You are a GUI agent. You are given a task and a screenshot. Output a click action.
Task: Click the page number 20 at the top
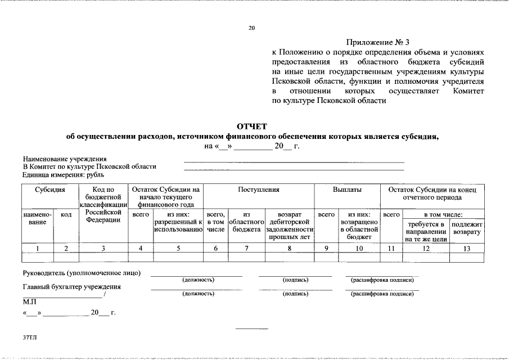(251, 28)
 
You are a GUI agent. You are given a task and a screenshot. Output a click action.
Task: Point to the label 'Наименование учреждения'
(65, 160)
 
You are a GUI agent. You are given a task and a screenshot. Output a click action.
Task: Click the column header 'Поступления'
(258, 190)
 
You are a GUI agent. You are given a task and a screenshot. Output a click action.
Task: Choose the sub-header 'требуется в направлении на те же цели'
(426, 232)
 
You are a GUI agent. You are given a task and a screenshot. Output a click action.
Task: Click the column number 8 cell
(290, 248)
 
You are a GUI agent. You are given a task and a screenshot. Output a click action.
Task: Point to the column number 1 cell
(37, 248)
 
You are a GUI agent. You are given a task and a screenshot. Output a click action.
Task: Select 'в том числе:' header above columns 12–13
(443, 214)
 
